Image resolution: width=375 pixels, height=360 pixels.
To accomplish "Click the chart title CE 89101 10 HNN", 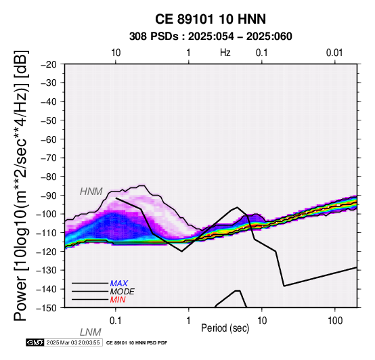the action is pyautogui.click(x=211, y=19).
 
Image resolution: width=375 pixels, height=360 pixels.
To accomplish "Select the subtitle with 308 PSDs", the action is pyautogui.click(x=211, y=37).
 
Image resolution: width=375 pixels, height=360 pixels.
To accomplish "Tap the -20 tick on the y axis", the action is pyautogui.click(x=49, y=64).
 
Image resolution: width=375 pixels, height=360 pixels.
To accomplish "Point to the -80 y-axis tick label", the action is pyautogui.click(x=49, y=177).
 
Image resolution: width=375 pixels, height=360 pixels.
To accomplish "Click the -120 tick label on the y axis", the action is pyautogui.click(x=47, y=252).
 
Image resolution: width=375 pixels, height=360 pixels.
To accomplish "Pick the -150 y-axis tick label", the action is pyautogui.click(x=47, y=308).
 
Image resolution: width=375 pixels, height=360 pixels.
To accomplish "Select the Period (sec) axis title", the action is pyautogui.click(x=225, y=328).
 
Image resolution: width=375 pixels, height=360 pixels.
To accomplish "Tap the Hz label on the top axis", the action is pyautogui.click(x=225, y=53).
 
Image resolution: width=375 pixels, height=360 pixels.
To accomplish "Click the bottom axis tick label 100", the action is pyautogui.click(x=335, y=321).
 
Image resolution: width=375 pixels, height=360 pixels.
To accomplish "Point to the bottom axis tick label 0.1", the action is pyautogui.click(x=116, y=321).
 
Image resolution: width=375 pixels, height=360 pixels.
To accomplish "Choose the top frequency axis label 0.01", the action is pyautogui.click(x=334, y=53).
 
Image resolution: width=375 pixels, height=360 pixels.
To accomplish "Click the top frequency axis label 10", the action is pyautogui.click(x=116, y=53).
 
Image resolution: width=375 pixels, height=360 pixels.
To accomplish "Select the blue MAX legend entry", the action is pyautogui.click(x=119, y=284).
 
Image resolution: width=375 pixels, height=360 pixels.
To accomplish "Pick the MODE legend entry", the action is pyautogui.click(x=123, y=292).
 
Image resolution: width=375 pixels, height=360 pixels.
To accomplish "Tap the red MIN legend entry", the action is pyautogui.click(x=118, y=300).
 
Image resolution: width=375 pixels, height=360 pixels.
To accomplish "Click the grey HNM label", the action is pyautogui.click(x=91, y=192).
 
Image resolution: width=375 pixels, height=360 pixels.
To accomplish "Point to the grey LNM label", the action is pyautogui.click(x=91, y=332).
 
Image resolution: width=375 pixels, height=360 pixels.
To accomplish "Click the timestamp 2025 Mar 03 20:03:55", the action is pyautogui.click(x=73, y=343).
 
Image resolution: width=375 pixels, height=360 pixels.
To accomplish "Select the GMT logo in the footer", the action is pyautogui.click(x=35, y=343).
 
